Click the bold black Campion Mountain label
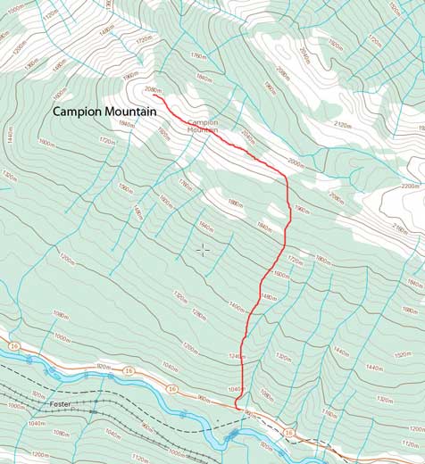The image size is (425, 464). point(104,112)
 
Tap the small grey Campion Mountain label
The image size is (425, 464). point(203,126)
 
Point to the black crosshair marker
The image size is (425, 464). point(203,250)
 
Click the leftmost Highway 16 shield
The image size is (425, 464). point(14,344)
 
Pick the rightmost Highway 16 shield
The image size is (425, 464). point(288,433)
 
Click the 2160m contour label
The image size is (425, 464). point(400,229)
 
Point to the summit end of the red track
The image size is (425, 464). point(154,95)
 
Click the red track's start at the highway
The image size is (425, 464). point(237,406)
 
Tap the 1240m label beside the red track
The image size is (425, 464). point(236,357)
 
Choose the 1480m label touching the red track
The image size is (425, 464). point(267,297)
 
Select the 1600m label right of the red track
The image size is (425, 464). point(281,274)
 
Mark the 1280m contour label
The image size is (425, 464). point(199,313)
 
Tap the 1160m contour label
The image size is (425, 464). point(331,412)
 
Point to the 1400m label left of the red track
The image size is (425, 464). point(236,306)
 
